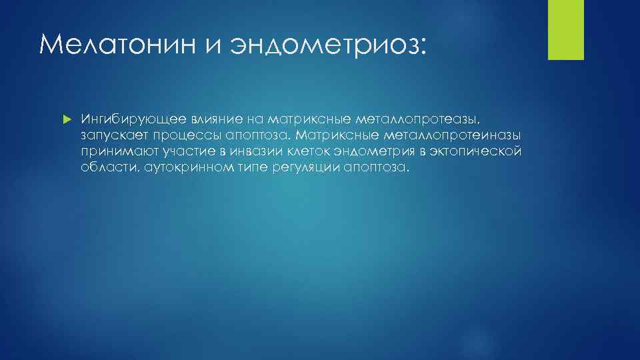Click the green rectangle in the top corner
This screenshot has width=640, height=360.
(565, 29)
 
